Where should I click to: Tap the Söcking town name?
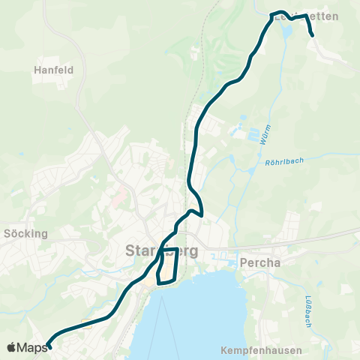pos(25,233)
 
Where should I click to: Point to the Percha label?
pos(260,263)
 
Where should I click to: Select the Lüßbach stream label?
pos(308,310)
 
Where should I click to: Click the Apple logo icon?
pos(11,347)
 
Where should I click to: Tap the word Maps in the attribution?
pos(32,347)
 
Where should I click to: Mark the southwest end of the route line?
pos(49,346)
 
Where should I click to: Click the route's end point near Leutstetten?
pos(311,34)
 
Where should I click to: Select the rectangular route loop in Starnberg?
pos(168,265)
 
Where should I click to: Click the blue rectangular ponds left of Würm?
pos(238,135)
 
